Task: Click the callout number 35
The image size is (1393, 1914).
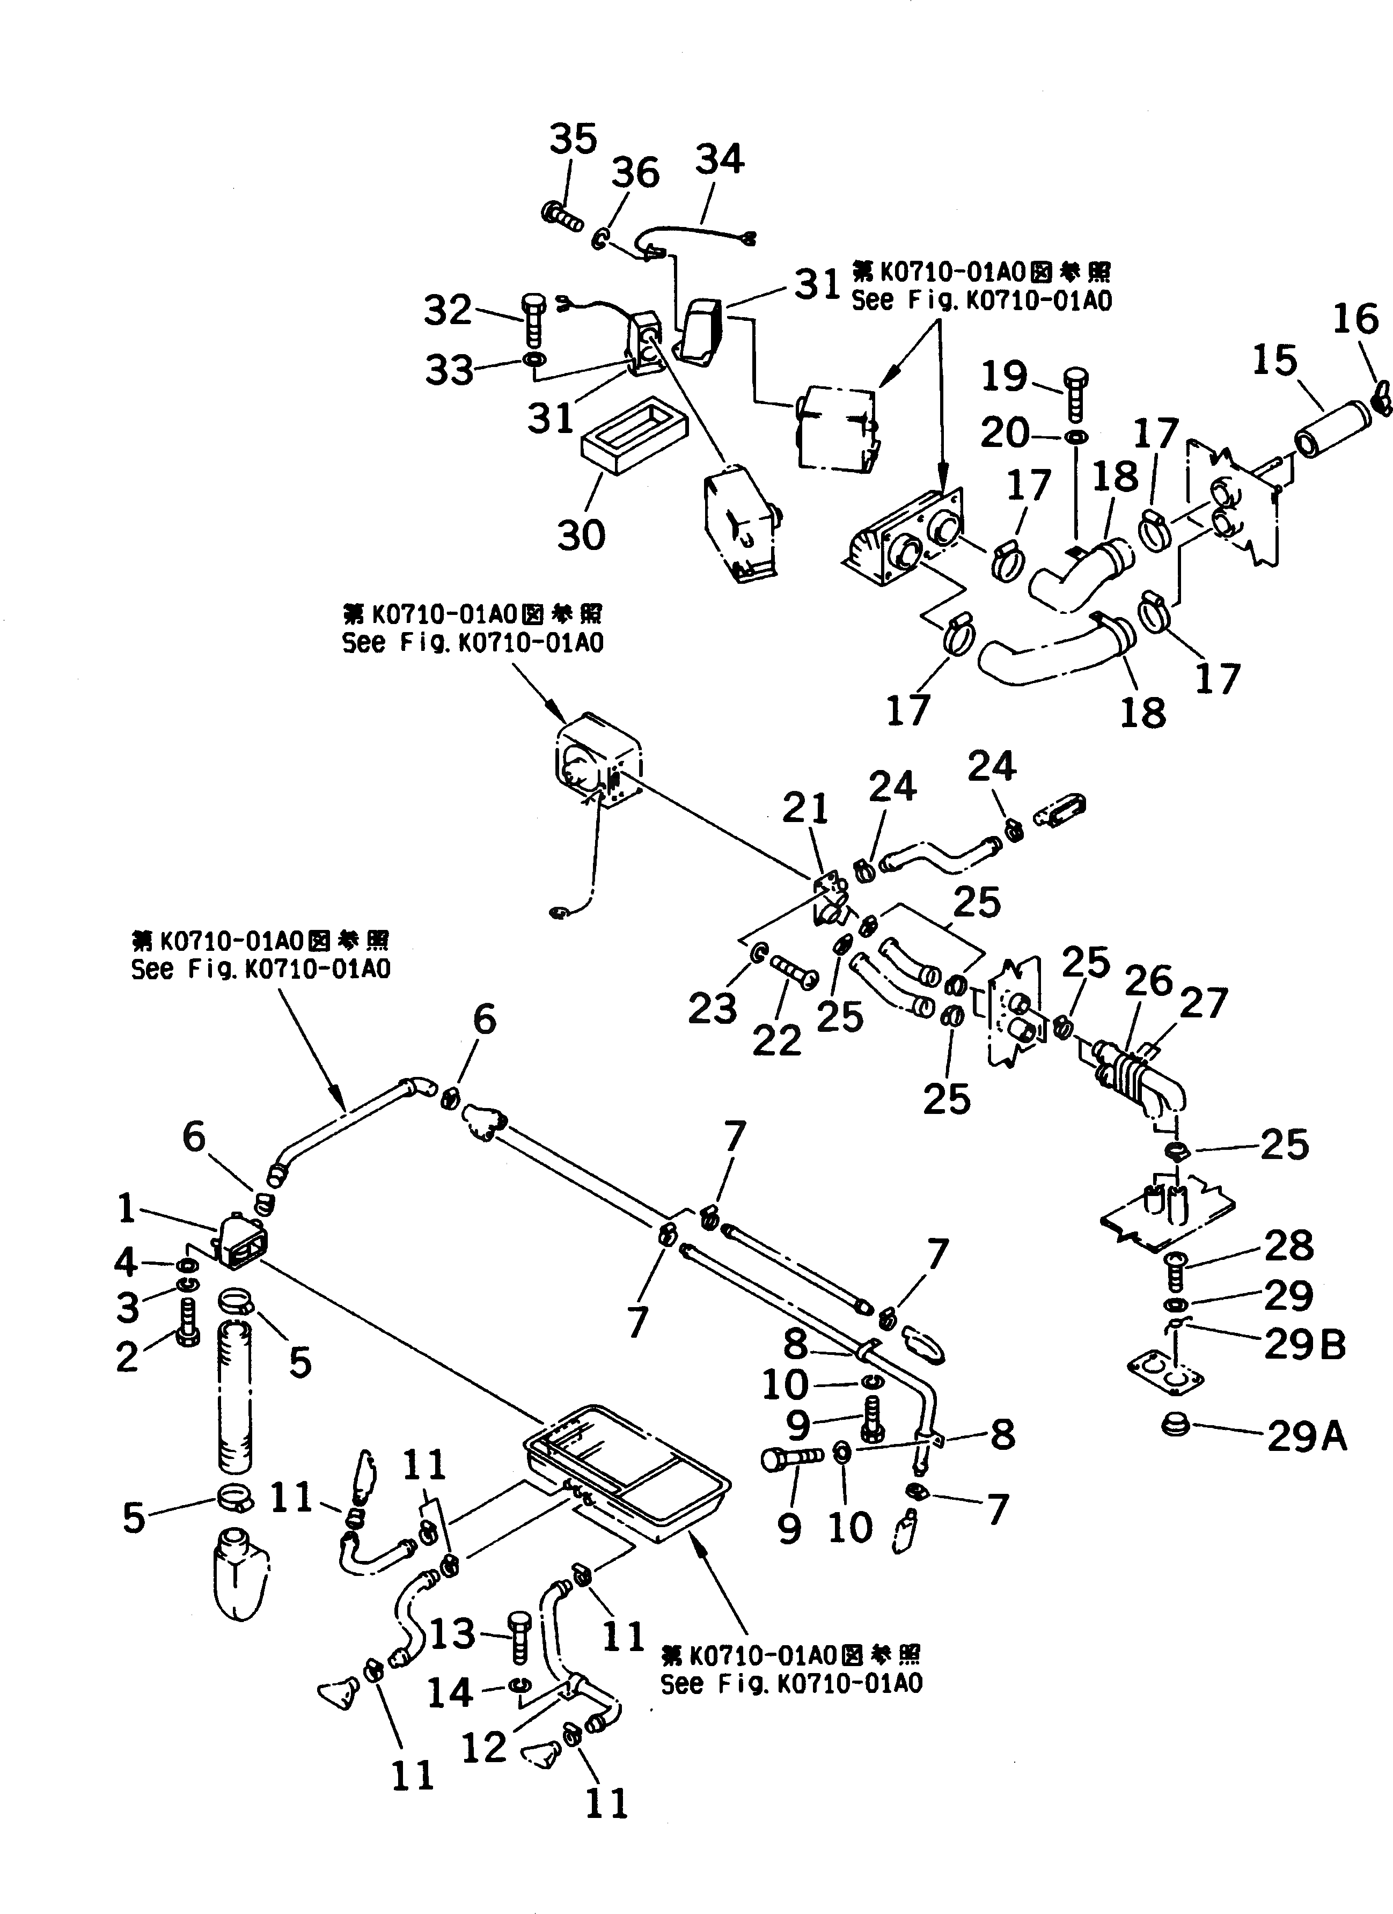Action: (573, 138)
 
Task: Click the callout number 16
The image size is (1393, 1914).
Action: (1355, 319)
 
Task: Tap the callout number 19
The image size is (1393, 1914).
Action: (1004, 376)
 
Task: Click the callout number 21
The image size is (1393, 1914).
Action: (806, 809)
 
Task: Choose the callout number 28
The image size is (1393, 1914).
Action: (1288, 1245)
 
